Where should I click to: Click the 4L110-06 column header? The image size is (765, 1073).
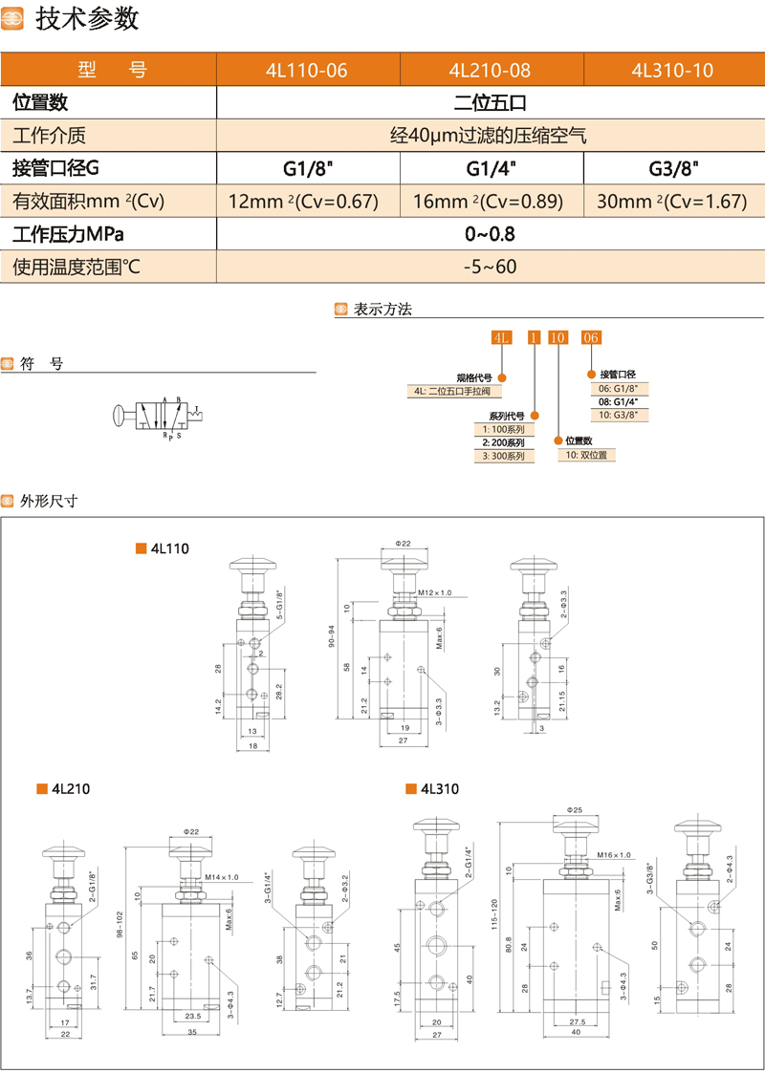(307, 70)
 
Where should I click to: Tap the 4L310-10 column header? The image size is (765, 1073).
(672, 70)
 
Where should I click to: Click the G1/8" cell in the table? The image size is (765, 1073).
(307, 169)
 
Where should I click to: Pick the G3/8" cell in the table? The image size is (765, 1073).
(673, 169)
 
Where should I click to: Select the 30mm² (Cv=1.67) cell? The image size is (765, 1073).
(673, 202)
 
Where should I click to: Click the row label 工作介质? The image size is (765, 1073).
(49, 136)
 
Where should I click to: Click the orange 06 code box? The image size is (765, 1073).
(591, 337)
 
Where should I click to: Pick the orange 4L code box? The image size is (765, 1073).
(501, 337)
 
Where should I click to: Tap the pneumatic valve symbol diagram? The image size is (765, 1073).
(157, 415)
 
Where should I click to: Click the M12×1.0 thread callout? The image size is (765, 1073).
(435, 593)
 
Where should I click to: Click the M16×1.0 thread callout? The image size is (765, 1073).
(614, 854)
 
